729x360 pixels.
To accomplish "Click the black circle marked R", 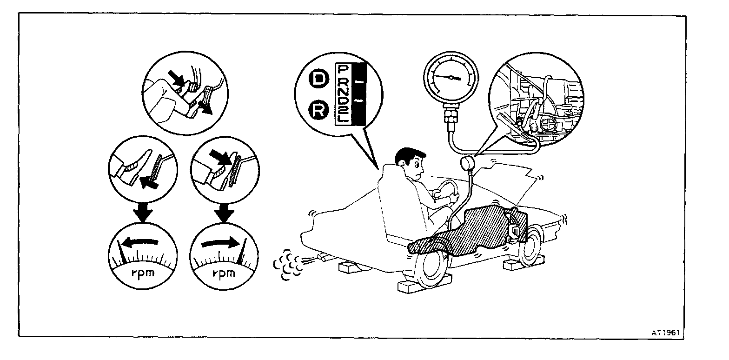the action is tap(318, 110).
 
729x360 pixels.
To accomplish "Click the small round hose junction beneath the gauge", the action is tap(469, 163).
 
